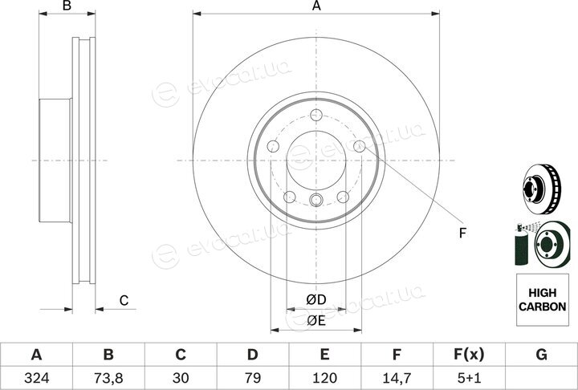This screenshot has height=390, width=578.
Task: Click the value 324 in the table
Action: [36, 378]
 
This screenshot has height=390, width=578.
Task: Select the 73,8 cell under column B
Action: [108, 378]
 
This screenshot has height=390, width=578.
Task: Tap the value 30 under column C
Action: [181, 378]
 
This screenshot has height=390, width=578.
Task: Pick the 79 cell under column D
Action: [253, 378]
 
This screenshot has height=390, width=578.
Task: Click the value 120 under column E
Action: [324, 378]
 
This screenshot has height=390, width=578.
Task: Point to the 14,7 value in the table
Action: [397, 378]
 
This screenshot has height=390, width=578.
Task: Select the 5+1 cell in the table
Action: [469, 378]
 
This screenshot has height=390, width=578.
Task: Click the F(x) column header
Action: [469, 355]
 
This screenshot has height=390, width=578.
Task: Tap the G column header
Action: [541, 355]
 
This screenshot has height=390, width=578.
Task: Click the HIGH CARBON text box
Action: [542, 299]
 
